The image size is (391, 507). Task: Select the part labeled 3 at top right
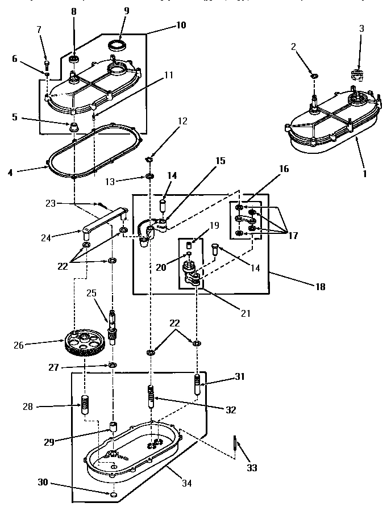pyautogui.click(x=359, y=75)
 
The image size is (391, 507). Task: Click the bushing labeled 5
pyautogui.click(x=73, y=125)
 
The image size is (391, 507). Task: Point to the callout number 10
pyautogui.click(x=181, y=26)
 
